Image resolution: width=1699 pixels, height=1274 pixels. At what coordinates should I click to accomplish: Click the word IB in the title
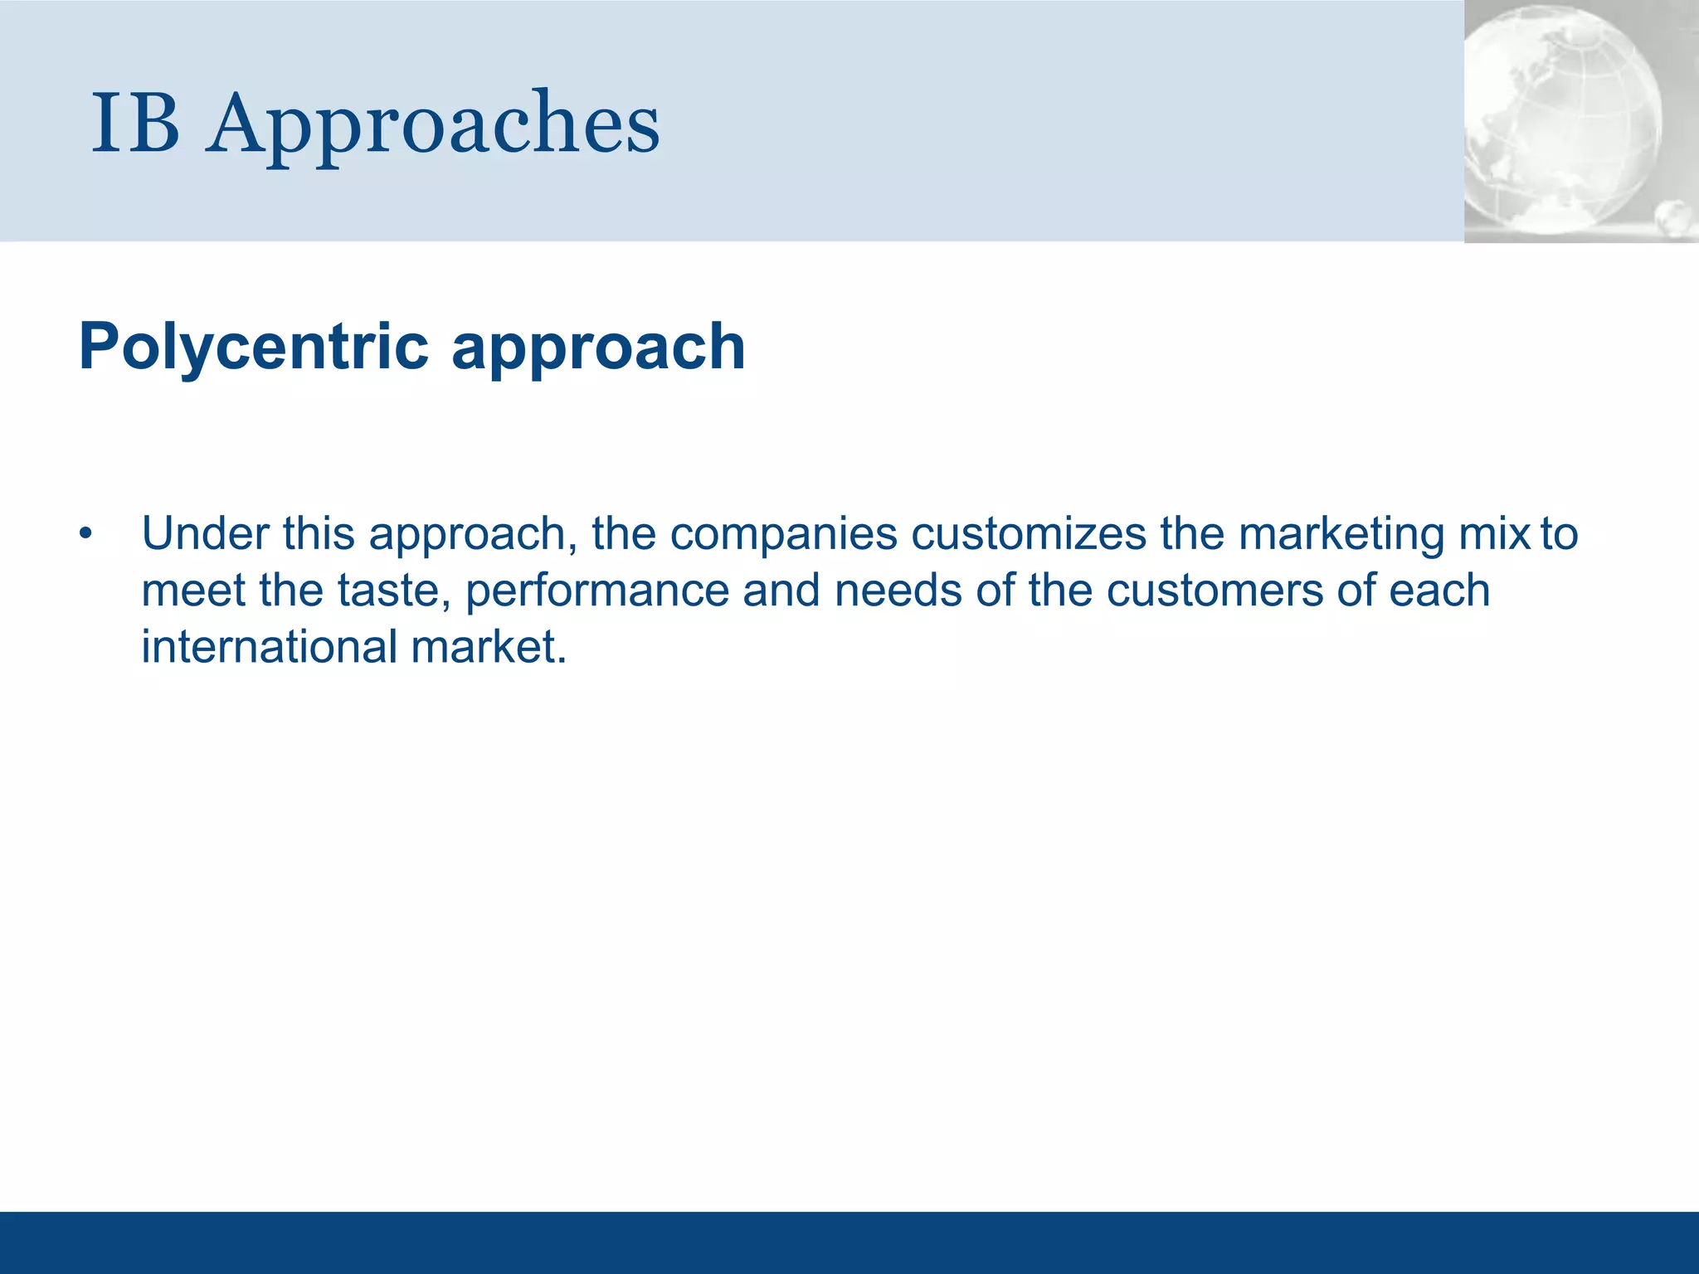pos(135,124)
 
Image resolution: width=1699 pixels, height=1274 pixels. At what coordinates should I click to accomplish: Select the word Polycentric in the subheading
pos(254,347)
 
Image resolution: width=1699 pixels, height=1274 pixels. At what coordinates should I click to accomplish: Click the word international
pos(270,647)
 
